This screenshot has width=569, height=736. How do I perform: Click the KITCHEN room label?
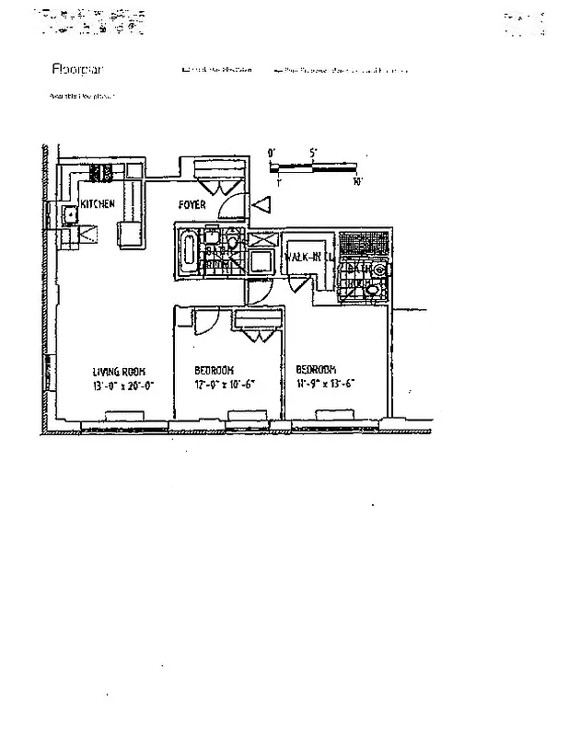[x=97, y=204]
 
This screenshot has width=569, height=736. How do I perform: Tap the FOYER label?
[x=192, y=204]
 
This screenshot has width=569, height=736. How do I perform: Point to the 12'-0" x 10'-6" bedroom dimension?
[x=224, y=385]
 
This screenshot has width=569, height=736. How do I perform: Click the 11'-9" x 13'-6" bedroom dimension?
[x=325, y=384]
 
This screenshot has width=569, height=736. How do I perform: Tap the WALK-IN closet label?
[x=305, y=257]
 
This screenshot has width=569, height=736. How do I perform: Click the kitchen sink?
[x=69, y=216]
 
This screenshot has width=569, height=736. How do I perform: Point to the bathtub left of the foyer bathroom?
[x=189, y=250]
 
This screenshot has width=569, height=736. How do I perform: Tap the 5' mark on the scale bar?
[x=313, y=154]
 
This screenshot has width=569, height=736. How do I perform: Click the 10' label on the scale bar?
[x=356, y=182]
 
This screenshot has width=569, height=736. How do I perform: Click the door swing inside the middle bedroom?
[x=206, y=322]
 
